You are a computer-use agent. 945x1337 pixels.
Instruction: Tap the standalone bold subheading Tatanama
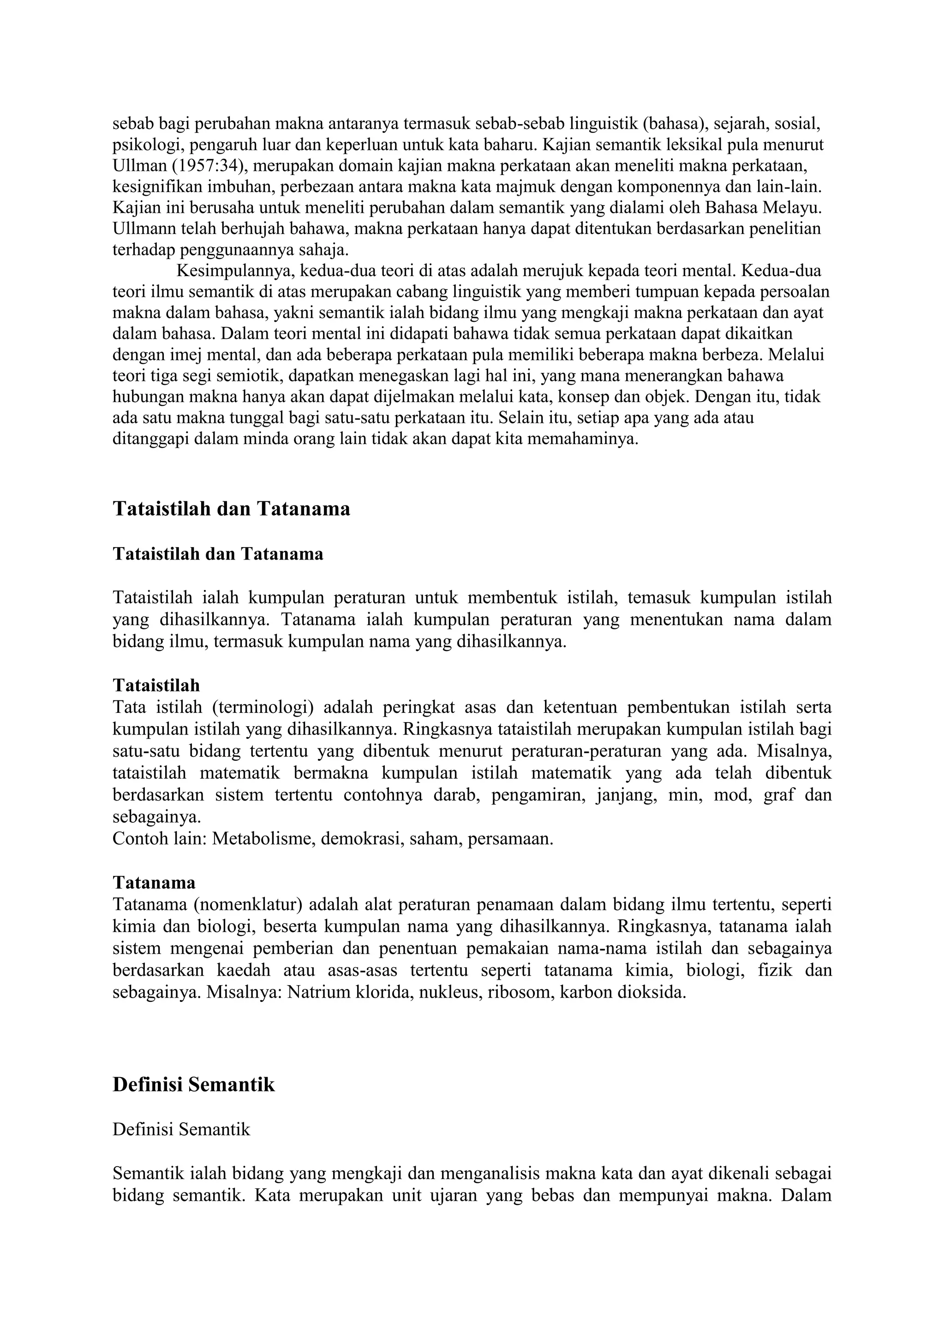coord(154,883)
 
